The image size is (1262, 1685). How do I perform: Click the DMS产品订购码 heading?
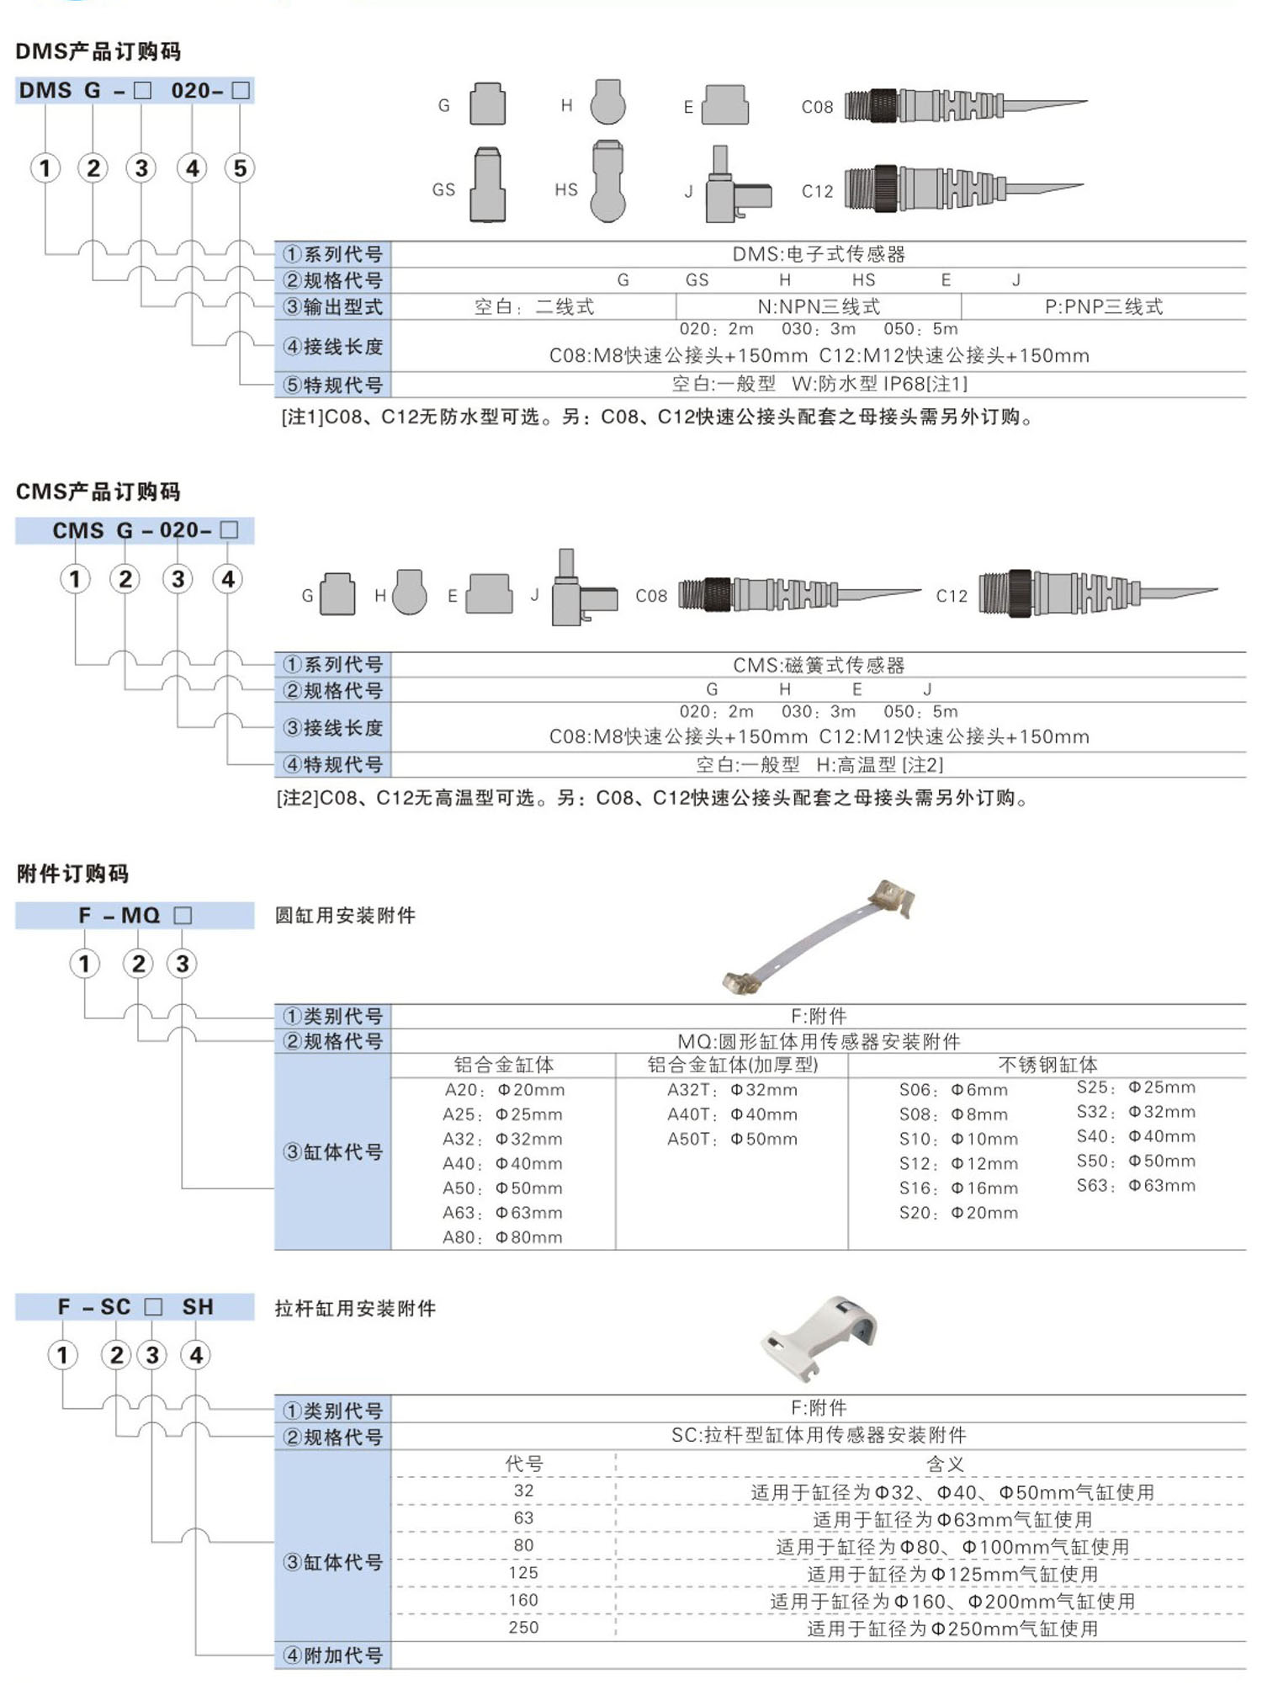coord(98,51)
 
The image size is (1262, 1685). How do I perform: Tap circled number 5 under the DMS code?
coord(240,168)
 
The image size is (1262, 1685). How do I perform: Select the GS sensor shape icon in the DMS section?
coord(487,185)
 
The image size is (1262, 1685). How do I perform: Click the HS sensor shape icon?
coord(607,182)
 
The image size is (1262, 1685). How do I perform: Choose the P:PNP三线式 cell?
coord(1103,306)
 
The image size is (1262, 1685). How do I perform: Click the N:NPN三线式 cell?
coord(819,306)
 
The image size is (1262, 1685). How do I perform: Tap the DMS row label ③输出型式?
coord(333,306)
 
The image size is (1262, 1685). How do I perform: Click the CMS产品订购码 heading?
coord(98,492)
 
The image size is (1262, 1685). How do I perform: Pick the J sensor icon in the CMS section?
coord(581,589)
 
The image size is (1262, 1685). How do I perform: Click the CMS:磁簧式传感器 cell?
coord(819,665)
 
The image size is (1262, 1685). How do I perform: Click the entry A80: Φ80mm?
coord(502,1237)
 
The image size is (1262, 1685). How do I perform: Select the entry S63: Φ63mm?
coord(1136,1186)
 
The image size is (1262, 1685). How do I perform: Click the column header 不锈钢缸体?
coord(1047,1065)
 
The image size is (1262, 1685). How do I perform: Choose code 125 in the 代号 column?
coord(523,1573)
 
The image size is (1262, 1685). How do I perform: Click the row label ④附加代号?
coord(333,1656)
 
